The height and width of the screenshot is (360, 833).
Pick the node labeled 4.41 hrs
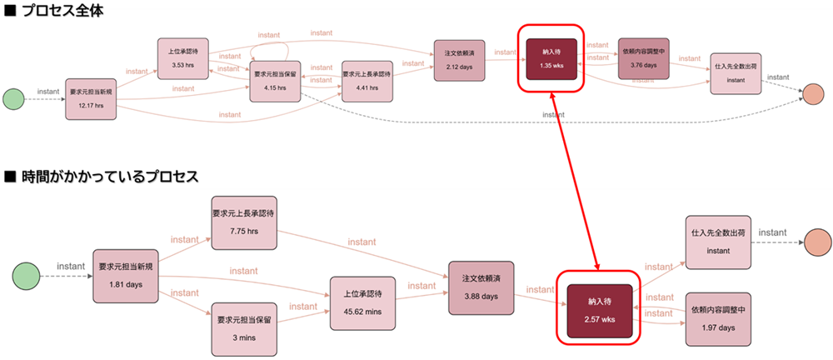pos(367,81)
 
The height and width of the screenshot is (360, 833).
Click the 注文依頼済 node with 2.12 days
pos(459,60)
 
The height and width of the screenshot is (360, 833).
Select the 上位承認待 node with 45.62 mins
pos(362,301)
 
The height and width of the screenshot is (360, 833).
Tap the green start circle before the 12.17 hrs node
pos(14,98)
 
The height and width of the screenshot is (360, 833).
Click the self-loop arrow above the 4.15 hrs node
pos(274,46)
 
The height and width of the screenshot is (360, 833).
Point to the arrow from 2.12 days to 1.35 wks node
pos(504,55)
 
